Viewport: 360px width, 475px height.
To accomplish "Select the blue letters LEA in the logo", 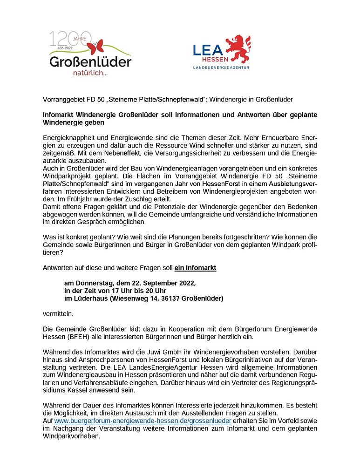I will pos(208,49).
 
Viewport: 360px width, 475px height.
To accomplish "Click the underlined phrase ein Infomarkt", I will pos(195,268).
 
